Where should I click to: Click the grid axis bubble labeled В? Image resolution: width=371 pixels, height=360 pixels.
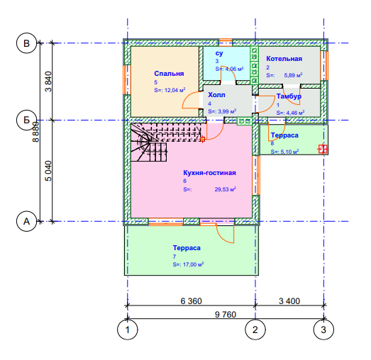[26, 43]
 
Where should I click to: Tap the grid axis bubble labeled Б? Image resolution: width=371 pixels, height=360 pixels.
[26, 120]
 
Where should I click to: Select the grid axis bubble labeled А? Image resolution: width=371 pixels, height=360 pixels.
[26, 222]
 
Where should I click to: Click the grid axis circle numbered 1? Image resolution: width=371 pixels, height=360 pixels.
[128, 330]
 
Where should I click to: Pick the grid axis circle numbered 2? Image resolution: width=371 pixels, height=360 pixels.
[255, 330]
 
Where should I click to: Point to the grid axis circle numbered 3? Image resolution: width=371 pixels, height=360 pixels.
[323, 330]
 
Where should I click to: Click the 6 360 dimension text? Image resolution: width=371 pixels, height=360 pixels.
[192, 301]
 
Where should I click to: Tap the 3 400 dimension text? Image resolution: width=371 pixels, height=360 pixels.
[289, 301]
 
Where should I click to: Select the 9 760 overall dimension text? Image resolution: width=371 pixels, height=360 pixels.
[226, 315]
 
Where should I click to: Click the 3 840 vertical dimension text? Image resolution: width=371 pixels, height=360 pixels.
[48, 81]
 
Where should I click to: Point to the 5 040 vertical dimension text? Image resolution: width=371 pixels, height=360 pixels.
[48, 171]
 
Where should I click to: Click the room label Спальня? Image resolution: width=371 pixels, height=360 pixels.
[169, 74]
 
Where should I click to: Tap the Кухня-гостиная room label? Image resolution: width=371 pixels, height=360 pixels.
[210, 173]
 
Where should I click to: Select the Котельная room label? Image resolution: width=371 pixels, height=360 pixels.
[284, 59]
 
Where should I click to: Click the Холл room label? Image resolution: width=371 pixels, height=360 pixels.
[216, 95]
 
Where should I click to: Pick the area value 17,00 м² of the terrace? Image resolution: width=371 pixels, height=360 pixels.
[194, 264]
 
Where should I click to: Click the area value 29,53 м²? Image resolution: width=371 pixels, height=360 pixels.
[226, 189]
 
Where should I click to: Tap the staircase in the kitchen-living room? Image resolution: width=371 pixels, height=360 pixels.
[165, 142]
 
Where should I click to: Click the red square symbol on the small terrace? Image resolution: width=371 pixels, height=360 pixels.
[323, 149]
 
